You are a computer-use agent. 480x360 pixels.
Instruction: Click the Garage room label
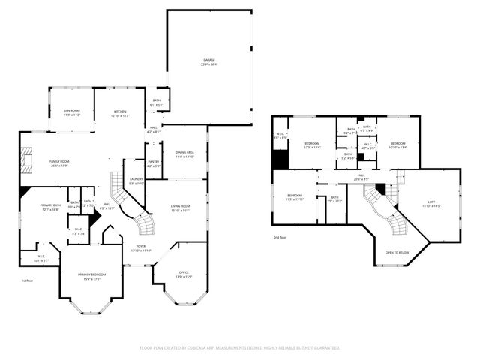[208, 61]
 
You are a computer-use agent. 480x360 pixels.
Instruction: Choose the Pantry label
[154, 163]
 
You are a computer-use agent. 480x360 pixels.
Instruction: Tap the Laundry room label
[135, 181]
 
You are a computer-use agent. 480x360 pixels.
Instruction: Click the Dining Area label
[184, 155]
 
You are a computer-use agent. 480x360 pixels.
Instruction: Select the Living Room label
[179, 208]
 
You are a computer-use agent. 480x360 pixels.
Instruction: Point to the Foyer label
[141, 248]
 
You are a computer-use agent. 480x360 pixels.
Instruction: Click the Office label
[184, 275]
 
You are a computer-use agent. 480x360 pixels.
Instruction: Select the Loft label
[431, 203]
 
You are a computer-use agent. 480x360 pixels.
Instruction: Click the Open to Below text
[397, 253]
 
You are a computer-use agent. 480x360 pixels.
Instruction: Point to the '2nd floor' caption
[279, 237]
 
